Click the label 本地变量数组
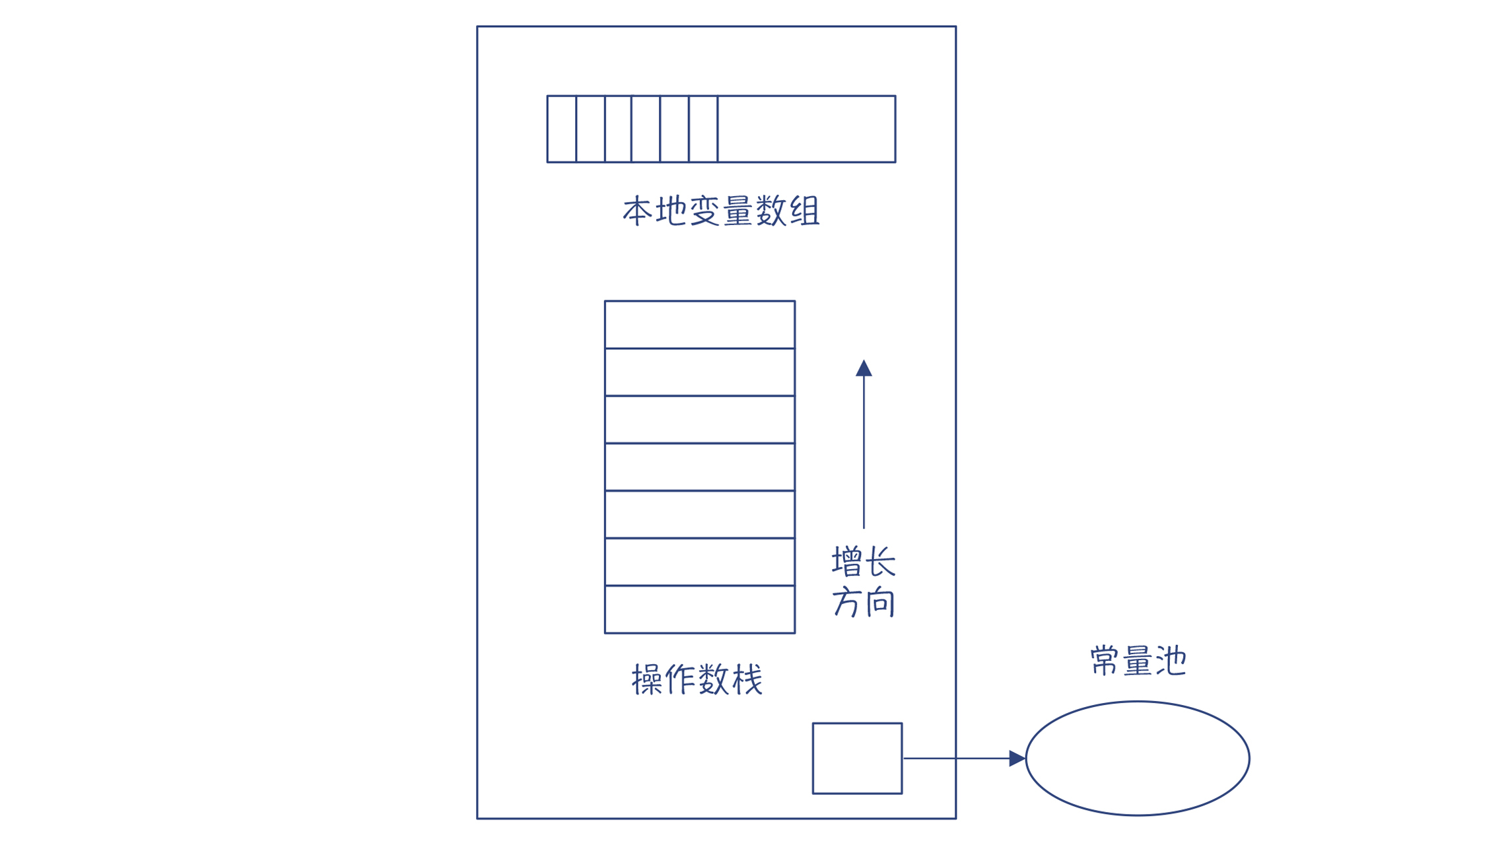[720, 211]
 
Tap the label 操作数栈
[697, 679]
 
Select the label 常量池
[1138, 661]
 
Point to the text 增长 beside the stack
[863, 561]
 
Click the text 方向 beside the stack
[863, 602]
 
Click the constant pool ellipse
[1137, 758]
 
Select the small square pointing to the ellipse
[857, 758]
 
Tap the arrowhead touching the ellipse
[1017, 759]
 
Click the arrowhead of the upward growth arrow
[864, 368]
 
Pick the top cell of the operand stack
[699, 324]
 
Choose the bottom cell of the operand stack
[699, 609]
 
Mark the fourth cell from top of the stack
[699, 467]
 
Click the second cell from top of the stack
[699, 372]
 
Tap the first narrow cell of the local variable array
[561, 129]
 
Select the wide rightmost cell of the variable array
[806, 129]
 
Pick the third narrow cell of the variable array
[618, 129]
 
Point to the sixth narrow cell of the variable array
[703, 129]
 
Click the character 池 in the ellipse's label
[1171, 661]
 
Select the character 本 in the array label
[638, 211]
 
